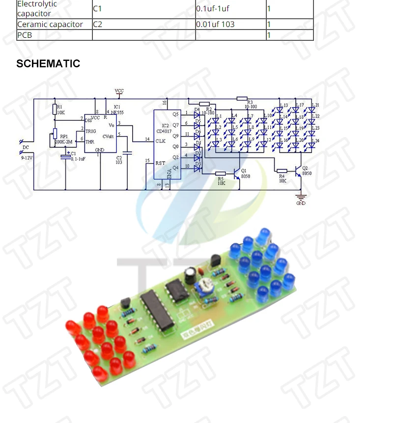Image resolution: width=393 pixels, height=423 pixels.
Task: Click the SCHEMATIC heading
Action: click(x=48, y=64)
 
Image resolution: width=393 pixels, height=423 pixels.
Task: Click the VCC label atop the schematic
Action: click(x=119, y=91)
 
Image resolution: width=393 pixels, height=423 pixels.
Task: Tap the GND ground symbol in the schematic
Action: click(x=301, y=199)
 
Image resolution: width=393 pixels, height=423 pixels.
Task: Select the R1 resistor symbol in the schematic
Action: click(x=55, y=109)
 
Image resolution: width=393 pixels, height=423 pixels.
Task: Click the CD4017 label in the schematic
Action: click(x=164, y=131)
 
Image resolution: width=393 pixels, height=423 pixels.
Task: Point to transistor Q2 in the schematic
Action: click(x=298, y=170)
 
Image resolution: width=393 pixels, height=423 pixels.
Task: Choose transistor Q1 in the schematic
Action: click(x=237, y=173)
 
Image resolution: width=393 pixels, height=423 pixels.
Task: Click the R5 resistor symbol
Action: click(x=221, y=173)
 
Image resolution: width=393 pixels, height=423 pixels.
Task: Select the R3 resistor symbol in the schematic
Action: click(x=242, y=98)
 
